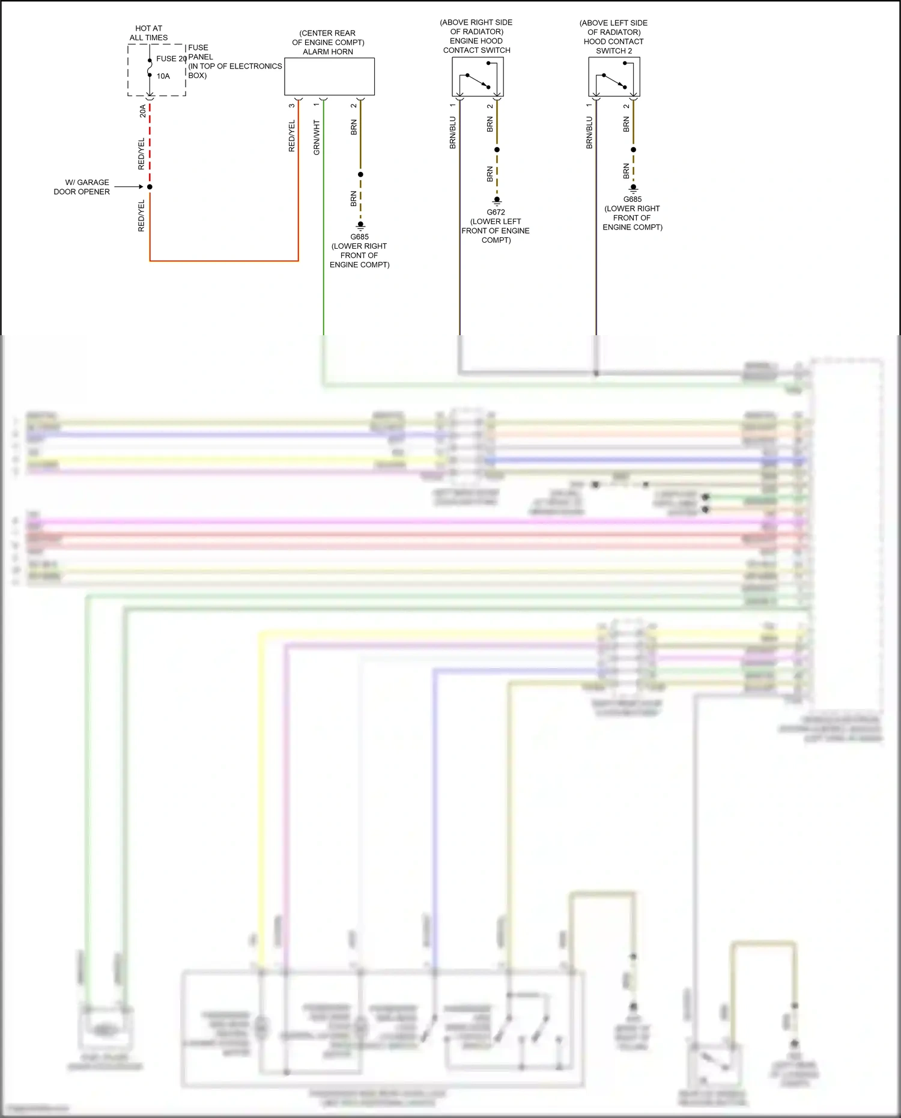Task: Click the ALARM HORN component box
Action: point(329,76)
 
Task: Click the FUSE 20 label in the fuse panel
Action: point(171,58)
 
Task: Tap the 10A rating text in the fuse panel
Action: point(163,76)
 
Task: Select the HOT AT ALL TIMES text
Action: point(148,32)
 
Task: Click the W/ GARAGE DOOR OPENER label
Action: point(82,187)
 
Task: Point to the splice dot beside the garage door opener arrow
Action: point(150,187)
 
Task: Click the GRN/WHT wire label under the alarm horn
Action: point(317,138)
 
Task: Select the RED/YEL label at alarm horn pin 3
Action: point(292,136)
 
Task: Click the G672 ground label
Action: point(496,212)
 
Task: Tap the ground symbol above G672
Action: point(497,201)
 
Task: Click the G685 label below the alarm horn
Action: point(359,237)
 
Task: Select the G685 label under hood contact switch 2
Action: point(632,199)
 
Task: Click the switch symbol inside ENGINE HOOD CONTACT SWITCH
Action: point(478,81)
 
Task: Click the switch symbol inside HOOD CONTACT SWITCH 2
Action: point(614,81)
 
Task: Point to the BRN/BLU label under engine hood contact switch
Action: point(452,133)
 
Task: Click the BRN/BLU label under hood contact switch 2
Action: point(589,133)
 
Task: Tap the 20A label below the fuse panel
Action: point(142,111)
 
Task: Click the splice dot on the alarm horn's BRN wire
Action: point(360,174)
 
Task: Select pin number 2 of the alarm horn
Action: point(353,106)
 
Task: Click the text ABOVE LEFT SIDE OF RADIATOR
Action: point(613,28)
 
